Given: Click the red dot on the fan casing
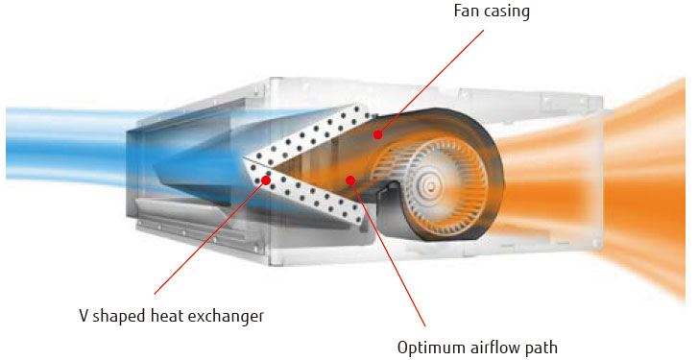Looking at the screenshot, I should pos(378,134).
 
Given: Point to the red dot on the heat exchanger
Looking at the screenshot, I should pos(266,179).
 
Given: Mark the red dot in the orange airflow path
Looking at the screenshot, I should pos(351,179).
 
